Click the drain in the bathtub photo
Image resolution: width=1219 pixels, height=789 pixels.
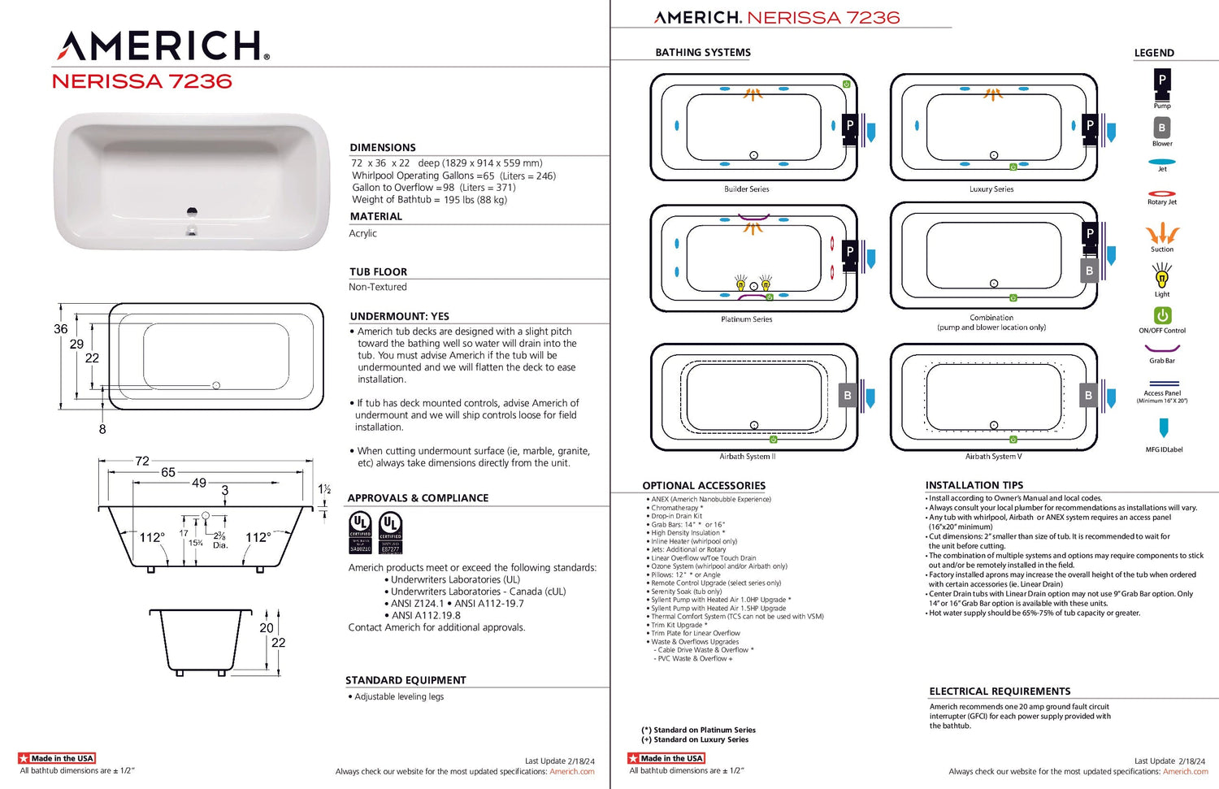pos(192,213)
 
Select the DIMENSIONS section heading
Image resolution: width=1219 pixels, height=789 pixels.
pos(383,147)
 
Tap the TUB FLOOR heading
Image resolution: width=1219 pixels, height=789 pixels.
pos(378,271)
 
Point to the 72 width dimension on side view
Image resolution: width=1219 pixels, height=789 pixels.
pos(142,461)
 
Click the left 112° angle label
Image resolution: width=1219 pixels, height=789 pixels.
pos(152,537)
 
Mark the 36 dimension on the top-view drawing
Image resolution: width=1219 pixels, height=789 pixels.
pos(61,329)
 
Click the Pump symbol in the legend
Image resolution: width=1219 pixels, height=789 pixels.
pos(1162,81)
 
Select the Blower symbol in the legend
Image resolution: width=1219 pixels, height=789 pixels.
pos(1162,128)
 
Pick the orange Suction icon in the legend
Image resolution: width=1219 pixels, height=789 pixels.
pos(1162,234)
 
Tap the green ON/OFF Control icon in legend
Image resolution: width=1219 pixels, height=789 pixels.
pos(1162,315)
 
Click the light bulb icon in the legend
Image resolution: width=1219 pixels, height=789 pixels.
pos(1162,277)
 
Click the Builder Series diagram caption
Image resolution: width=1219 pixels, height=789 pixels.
pos(746,189)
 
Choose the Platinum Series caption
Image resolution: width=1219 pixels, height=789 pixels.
pos(746,319)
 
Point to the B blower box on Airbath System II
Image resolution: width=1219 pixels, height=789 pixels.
pos(848,396)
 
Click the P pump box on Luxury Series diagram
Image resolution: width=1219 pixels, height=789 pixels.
pos(1090,126)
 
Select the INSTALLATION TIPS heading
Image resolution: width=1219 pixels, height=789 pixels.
pos(974,485)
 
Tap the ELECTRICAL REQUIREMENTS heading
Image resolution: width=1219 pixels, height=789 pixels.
pos(1000,691)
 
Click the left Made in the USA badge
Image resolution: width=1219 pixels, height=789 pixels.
pos(57,758)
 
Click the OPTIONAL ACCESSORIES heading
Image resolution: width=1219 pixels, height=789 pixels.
pos(704,486)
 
